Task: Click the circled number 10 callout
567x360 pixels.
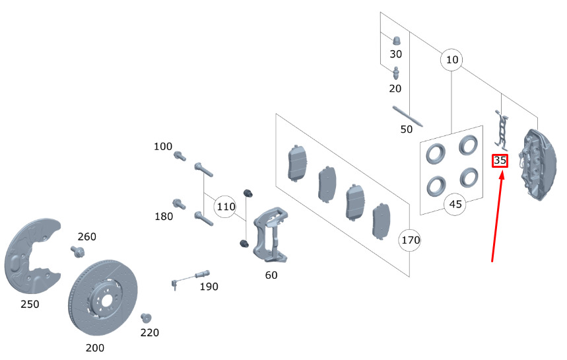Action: (x=451, y=60)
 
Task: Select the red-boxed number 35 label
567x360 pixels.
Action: (x=500, y=161)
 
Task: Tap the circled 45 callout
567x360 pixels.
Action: (x=455, y=204)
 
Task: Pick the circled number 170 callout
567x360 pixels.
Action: (x=410, y=240)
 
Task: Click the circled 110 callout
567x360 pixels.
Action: (x=226, y=207)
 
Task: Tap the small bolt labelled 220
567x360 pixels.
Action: (x=146, y=318)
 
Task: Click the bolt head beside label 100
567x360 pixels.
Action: (x=178, y=156)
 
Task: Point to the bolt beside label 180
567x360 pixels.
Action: (x=178, y=203)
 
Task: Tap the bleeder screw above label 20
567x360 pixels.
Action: (x=396, y=72)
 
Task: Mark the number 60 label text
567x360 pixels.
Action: (x=271, y=275)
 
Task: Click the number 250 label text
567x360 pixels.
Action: (x=30, y=305)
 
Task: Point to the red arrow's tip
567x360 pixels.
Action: (x=504, y=172)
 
